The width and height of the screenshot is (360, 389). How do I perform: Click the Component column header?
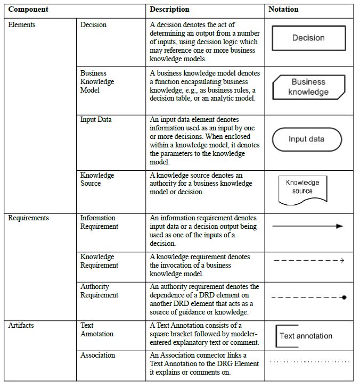tap(28, 10)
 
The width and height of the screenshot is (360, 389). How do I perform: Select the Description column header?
tap(169, 10)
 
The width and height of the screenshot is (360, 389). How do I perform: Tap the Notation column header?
tap(283, 10)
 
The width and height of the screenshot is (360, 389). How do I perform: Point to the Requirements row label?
tap(28, 218)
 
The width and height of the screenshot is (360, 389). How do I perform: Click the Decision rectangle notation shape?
tap(308, 38)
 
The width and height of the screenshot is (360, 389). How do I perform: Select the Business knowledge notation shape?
tap(308, 87)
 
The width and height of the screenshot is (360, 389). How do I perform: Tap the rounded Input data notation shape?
tap(306, 139)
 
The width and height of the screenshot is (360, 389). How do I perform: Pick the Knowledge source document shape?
tap(302, 188)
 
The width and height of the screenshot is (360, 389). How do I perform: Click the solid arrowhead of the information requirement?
tap(340, 226)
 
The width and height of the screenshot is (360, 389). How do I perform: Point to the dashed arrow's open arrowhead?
tap(342, 261)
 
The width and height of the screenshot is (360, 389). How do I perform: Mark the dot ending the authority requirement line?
tap(344, 297)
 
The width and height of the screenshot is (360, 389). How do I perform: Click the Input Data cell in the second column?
tap(96, 120)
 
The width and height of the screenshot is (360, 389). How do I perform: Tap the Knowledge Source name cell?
tap(97, 179)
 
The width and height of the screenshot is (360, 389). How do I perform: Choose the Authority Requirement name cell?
tap(99, 291)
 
